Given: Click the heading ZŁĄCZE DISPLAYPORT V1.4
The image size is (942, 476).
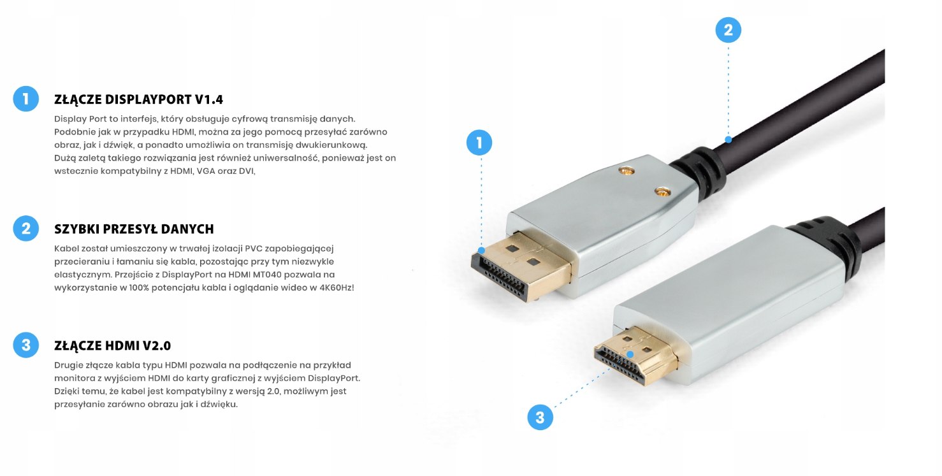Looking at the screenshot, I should click(138, 99).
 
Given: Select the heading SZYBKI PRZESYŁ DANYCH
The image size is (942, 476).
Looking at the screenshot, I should click(134, 229).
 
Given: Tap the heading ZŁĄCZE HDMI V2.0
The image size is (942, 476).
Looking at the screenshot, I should click(112, 346).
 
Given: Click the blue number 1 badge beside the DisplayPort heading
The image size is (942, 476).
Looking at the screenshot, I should click(26, 99).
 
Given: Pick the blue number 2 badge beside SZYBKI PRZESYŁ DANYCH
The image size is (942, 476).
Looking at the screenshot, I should click(26, 228).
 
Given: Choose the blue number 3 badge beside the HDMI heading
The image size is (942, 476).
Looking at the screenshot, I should click(26, 345).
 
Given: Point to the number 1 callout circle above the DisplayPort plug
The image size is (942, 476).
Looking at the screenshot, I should click(479, 143).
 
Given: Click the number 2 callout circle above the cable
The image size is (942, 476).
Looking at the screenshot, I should click(728, 30).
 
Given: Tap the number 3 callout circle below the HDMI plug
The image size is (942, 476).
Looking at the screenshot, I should click(540, 417).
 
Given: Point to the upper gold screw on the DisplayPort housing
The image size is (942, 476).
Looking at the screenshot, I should click(626, 171).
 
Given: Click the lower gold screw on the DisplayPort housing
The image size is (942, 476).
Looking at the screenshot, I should click(663, 191).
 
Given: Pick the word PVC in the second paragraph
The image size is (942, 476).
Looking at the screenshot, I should click(255, 248).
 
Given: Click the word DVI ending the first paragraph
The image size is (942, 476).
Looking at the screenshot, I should click(246, 171).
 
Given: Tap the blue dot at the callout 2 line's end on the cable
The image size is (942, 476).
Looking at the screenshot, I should click(728, 138).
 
